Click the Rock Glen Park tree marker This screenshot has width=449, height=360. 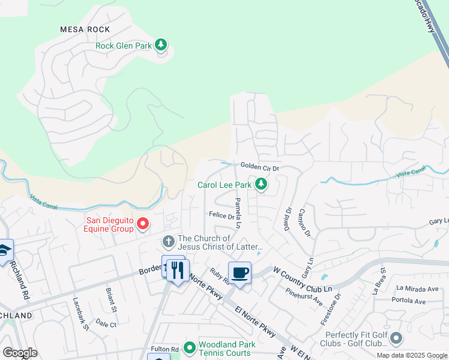click(x=160, y=44)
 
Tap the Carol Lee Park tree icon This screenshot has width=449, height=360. click(x=261, y=184)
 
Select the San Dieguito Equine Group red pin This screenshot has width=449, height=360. click(x=143, y=224)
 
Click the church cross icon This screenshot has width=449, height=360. click(x=168, y=242)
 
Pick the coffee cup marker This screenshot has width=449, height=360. click(x=240, y=273)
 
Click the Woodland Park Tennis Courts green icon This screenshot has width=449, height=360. click(x=190, y=347)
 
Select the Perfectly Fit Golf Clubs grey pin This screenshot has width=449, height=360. click(x=396, y=339)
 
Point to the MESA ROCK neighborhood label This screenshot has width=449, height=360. click(x=85, y=29)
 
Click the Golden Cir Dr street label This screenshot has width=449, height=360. click(x=260, y=167)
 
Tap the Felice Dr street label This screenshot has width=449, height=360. click(x=221, y=215)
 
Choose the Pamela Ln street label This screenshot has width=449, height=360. click(x=238, y=213)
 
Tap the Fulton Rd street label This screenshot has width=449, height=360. click(x=165, y=349)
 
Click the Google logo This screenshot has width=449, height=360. click(x=20, y=353)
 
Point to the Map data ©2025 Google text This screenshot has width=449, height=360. click(x=412, y=355)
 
